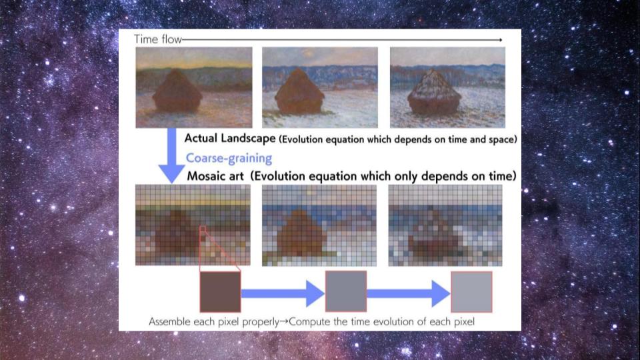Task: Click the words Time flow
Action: pos(157,39)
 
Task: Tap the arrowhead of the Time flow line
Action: pos(501,39)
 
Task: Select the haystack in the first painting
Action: pos(177,91)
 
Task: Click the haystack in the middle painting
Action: pos(299,91)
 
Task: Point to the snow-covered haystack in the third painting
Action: pos(434,93)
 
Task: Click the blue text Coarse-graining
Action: pos(229,159)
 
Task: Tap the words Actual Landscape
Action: pos(230,139)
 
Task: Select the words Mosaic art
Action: pos(215,176)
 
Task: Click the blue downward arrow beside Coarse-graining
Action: pos(171,155)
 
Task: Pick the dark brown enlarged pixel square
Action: pos(221,292)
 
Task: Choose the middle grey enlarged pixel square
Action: pos(346,291)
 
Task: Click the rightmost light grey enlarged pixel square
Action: pos(471,292)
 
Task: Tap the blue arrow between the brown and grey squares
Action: pos(283,293)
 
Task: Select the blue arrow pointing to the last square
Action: pos(409,293)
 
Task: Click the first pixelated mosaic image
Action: pos(193,225)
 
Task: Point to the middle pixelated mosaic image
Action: pos(319,225)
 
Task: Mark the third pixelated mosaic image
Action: pos(445,225)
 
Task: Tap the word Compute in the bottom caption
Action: pos(310,321)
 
